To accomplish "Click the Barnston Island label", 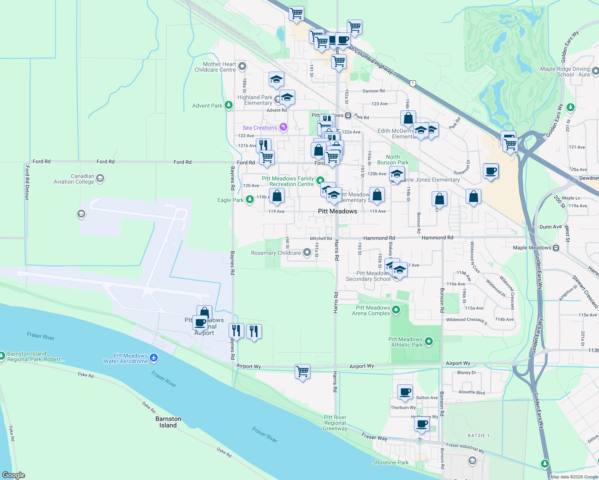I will tap(168, 422).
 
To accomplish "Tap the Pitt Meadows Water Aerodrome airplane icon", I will tap(154, 358).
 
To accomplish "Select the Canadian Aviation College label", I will tap(74, 179).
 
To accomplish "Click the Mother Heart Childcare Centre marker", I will tap(242, 66).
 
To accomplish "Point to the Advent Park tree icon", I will tap(228, 105).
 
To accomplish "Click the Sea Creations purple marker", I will tap(283, 127).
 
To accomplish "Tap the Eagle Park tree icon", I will tap(250, 199).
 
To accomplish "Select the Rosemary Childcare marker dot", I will tap(307, 252).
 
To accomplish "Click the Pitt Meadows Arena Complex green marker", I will tap(396, 310).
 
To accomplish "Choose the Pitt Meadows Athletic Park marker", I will tap(429, 342).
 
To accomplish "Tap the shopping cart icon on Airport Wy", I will tap(302, 371).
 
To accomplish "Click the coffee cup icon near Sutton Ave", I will tap(405, 392).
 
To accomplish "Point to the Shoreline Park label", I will tap(390, 462).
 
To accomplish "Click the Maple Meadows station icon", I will tap(556, 248).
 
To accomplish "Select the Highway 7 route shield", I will tap(413, 84).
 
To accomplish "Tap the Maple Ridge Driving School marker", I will tap(595, 71).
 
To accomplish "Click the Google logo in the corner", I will tap(14, 475).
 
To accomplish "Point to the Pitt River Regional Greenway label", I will tap(335, 423).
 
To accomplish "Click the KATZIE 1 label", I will tap(478, 435).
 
